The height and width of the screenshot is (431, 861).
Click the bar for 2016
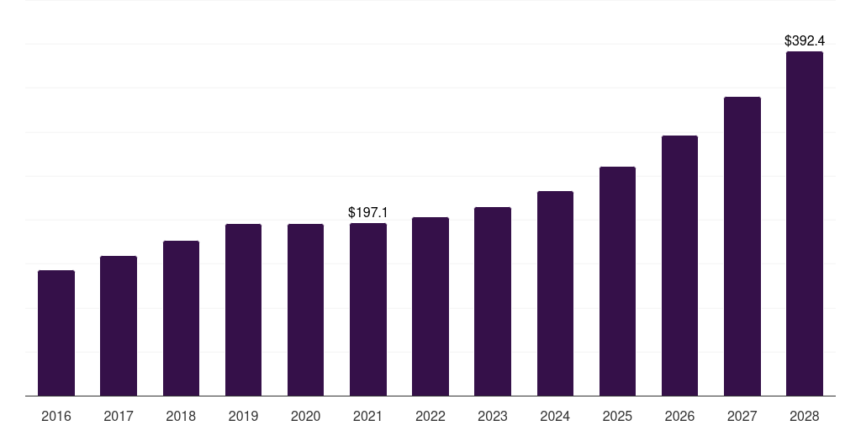[56, 333]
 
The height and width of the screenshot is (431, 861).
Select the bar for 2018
[181, 318]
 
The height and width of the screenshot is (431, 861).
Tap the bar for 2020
[305, 310]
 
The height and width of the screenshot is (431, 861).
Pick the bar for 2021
[368, 309]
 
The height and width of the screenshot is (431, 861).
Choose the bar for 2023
[493, 301]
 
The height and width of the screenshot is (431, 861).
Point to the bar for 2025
[617, 281]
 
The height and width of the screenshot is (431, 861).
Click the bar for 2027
[742, 246]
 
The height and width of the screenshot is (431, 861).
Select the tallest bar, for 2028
[805, 223]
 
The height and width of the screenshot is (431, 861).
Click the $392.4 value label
[805, 40]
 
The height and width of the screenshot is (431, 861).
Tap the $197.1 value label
[368, 213]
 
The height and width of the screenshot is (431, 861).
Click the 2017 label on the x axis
[119, 416]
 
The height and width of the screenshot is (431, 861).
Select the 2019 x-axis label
[243, 416]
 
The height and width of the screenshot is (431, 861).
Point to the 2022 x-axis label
[430, 416]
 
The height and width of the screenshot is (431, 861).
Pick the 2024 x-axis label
[555, 416]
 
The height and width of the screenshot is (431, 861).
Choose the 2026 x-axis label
[679, 416]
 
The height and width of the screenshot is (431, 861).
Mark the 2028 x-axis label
[805, 416]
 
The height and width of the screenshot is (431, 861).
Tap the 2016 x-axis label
[56, 416]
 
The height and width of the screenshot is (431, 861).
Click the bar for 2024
[555, 293]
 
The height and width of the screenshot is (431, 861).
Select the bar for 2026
[679, 265]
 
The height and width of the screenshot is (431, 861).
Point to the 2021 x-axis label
[368, 416]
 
